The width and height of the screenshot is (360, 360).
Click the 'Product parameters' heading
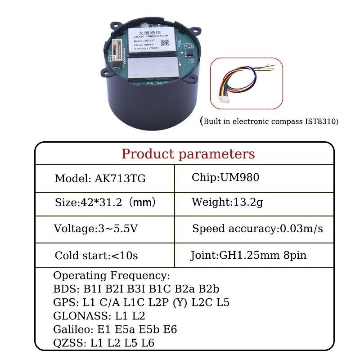click(188, 154)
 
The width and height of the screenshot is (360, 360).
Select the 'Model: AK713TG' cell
click(100, 178)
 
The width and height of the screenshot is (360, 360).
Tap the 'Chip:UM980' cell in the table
click(225, 177)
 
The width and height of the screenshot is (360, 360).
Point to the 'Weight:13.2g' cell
click(227, 202)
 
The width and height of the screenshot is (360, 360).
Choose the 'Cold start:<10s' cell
click(96, 256)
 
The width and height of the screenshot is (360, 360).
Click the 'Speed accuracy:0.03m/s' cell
click(257, 229)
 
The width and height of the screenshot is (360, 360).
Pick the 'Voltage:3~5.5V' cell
click(95, 229)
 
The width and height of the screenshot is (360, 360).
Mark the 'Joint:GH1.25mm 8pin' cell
click(248, 255)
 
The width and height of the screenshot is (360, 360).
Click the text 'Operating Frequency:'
click(112, 275)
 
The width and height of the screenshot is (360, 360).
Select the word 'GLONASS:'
click(81, 316)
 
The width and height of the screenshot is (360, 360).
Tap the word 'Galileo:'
click(75, 329)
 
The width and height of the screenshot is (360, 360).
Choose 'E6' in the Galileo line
click(170, 329)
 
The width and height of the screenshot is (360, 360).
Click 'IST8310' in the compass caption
click(320, 121)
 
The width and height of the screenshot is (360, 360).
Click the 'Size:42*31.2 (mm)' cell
click(105, 202)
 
